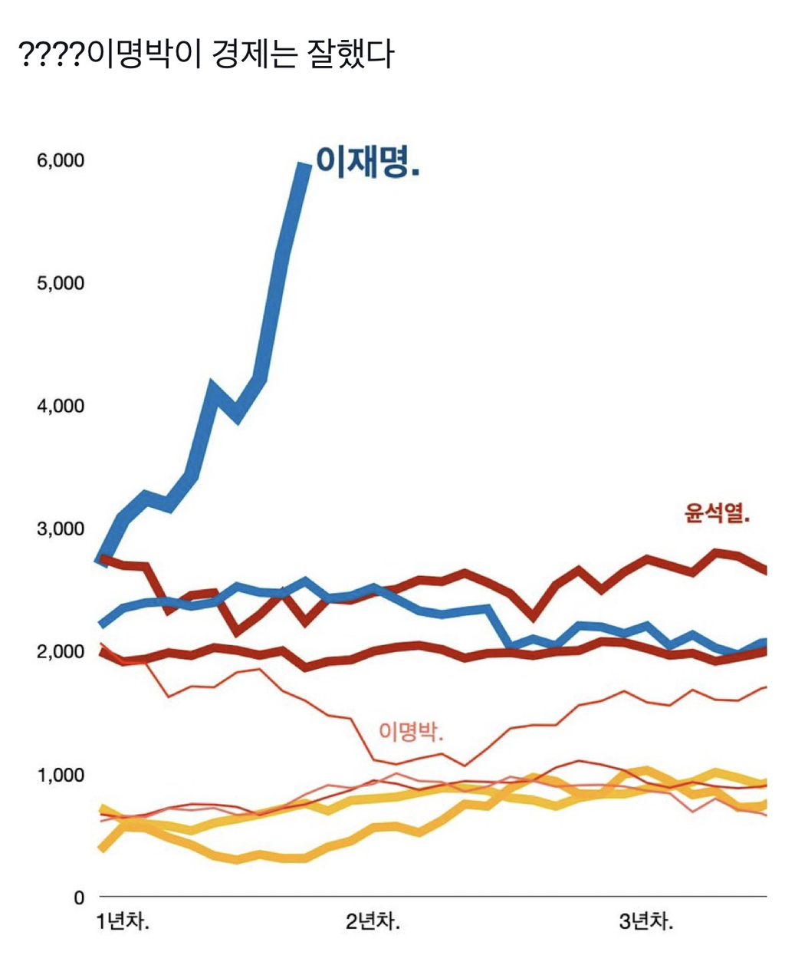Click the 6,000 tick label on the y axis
pyautogui.click(x=60, y=161)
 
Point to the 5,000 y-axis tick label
pyautogui.click(x=60, y=284)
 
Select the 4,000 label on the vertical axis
pyautogui.click(x=60, y=407)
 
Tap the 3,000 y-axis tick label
pyautogui.click(x=60, y=529)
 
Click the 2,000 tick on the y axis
pyautogui.click(x=60, y=652)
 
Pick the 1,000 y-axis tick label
pyautogui.click(x=60, y=775)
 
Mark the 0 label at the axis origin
pyautogui.click(x=79, y=898)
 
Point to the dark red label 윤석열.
pyautogui.click(x=717, y=512)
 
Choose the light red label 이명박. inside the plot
pyautogui.click(x=411, y=731)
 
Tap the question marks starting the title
pyautogui.click(x=51, y=54)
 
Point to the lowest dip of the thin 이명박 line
pyautogui.click(x=465, y=765)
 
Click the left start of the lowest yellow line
pyautogui.click(x=101, y=848)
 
